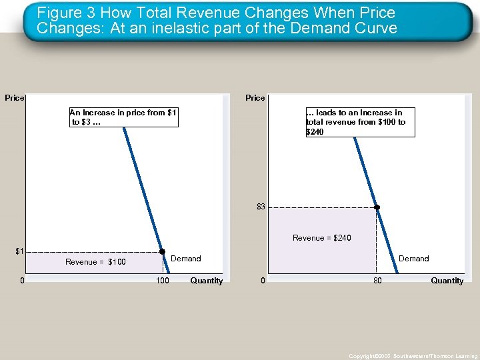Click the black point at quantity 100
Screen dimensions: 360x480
162,252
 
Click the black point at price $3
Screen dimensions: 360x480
377,207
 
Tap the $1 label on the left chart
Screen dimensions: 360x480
19,251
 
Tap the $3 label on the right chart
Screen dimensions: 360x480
261,207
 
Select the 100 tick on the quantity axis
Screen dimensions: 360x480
162,281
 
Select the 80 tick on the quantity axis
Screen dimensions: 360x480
377,281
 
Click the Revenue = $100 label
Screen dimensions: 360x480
95,262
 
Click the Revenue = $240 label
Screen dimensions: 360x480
321,238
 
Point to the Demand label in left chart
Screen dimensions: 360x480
186,259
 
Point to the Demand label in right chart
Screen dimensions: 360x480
413,259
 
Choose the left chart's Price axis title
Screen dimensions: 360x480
14,98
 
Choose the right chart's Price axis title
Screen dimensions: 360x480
255,98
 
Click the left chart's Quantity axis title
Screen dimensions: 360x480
206,281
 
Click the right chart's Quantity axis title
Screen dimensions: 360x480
447,281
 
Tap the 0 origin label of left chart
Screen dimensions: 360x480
23,281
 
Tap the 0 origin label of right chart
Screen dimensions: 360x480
263,281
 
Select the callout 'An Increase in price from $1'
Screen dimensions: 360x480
123,117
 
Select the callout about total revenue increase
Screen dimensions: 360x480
359,122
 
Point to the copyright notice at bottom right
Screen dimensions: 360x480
413,357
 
